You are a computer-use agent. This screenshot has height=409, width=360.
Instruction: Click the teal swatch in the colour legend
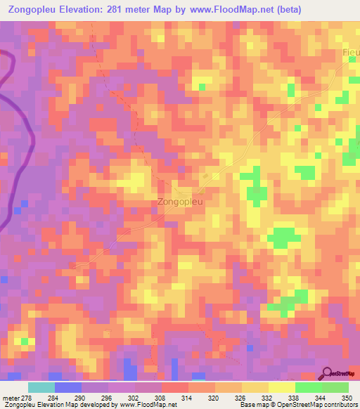pos(41,387)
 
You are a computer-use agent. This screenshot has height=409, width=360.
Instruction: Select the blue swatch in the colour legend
pos(67,387)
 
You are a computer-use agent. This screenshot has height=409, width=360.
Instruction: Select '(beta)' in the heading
pos(331,11)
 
